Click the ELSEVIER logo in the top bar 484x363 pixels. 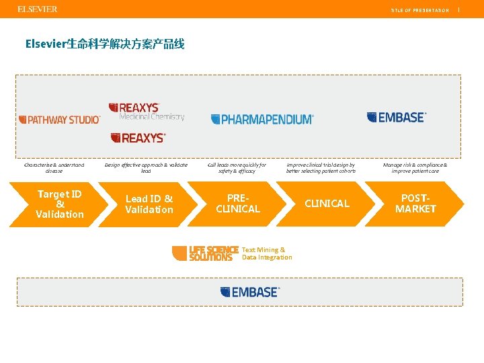pyautogui.click(x=37, y=9)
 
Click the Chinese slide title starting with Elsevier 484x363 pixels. pyautogui.click(x=104, y=44)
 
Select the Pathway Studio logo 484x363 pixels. pyautogui.click(x=59, y=119)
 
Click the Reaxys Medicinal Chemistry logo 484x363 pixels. pyautogui.click(x=147, y=112)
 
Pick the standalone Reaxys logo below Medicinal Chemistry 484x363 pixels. pyautogui.click(x=138, y=138)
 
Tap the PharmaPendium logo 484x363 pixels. pyautogui.click(x=262, y=119)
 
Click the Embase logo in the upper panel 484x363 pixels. pyautogui.click(x=397, y=118)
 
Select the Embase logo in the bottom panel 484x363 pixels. pyautogui.click(x=249, y=292)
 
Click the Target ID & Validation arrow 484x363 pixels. pyautogui.click(x=60, y=204)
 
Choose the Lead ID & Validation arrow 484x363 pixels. pyautogui.click(x=149, y=204)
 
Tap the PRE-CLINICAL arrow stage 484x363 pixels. pyautogui.click(x=237, y=204)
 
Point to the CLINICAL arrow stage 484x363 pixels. pyautogui.click(x=327, y=204)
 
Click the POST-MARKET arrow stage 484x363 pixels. pyautogui.click(x=415, y=204)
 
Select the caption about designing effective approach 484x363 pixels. pyautogui.click(x=146, y=167)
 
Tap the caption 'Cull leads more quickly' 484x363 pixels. pyautogui.click(x=237, y=167)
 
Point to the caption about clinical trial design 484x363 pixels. pyautogui.click(x=321, y=167)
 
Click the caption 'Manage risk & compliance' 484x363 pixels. pyautogui.click(x=415, y=167)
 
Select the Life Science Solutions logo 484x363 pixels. pyautogui.click(x=206, y=253)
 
